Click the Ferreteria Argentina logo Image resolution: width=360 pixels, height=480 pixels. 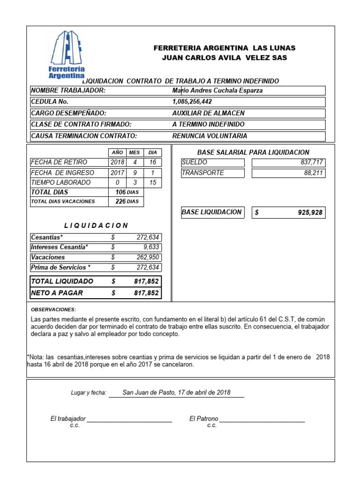point(67,54)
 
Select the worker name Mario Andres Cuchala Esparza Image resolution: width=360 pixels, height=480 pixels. point(217,90)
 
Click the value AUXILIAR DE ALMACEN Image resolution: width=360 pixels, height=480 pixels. point(208,113)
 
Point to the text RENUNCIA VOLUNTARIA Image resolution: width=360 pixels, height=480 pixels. point(210,136)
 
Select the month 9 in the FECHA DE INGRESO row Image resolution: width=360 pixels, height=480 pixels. point(135,172)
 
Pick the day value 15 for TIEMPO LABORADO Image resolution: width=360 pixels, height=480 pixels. point(152,182)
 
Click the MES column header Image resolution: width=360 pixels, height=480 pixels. point(135,153)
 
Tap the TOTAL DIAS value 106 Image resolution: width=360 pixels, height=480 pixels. point(120,192)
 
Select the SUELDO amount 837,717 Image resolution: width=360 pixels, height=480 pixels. point(311,162)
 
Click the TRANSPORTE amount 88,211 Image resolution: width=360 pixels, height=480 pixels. point(313,172)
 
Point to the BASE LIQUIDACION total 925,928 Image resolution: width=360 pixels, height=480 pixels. point(310,212)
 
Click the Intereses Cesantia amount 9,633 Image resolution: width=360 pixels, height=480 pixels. point(151,247)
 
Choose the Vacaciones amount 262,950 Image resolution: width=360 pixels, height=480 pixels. point(147,257)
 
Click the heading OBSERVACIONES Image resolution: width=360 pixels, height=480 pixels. point(53,310)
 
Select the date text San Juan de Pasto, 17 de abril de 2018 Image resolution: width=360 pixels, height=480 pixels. point(176,392)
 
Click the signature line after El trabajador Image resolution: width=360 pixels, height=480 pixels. point(129,421)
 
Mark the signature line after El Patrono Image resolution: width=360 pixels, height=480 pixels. point(262,421)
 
